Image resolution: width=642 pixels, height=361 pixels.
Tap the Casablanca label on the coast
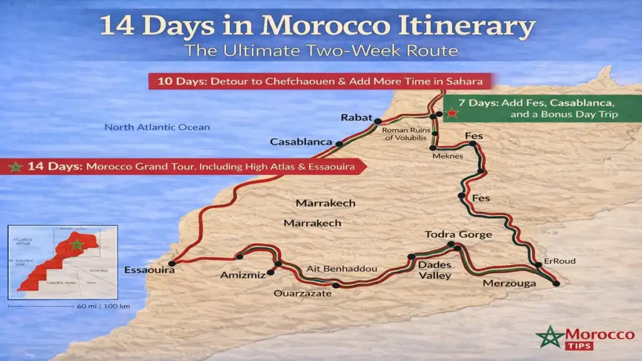300,142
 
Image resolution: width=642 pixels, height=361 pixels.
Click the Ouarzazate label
302,293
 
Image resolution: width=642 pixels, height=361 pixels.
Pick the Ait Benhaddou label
342,269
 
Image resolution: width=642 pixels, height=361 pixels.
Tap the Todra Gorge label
458,234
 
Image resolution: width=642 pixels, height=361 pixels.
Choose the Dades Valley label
434,270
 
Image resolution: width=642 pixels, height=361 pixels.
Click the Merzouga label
509,283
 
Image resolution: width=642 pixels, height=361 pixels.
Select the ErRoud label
560,261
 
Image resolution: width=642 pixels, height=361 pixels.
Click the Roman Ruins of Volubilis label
404,133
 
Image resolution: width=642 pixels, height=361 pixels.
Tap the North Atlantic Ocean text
157,127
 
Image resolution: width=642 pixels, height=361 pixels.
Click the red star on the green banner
451,113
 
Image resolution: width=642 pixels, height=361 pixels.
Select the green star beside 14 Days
16,167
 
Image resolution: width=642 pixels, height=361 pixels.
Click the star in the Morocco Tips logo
549,337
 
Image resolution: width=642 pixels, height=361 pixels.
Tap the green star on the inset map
76,244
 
